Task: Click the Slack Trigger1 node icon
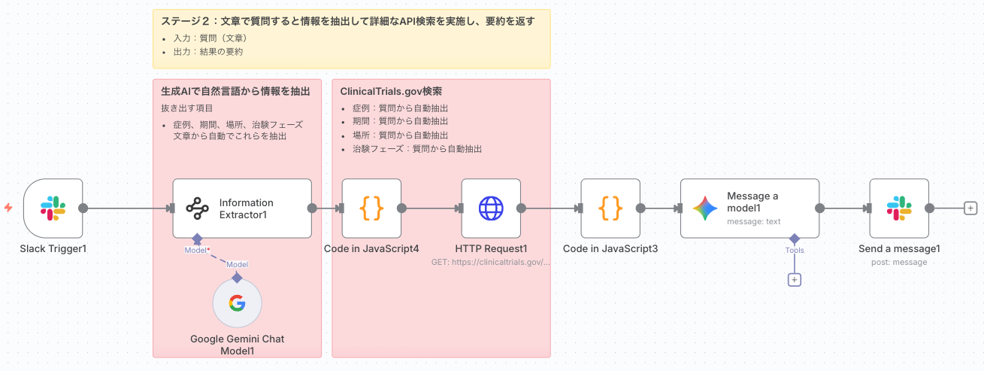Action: (53, 208)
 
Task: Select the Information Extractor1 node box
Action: (241, 208)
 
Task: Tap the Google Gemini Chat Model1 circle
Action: (237, 304)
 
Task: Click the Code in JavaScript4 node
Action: (371, 208)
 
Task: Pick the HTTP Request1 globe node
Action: (491, 208)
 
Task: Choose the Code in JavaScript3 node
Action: (610, 208)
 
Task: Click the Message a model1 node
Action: (749, 208)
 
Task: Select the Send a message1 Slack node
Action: (899, 208)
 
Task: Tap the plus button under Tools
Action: (795, 280)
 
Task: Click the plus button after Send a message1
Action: (970, 208)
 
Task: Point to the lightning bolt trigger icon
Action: (8, 208)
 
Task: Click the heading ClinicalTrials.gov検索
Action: (391, 92)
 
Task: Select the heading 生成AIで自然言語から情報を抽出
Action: (235, 92)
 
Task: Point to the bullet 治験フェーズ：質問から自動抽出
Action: (416, 149)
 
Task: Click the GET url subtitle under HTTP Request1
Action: (491, 263)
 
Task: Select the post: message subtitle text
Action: (899, 263)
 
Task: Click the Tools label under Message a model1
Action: (795, 251)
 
